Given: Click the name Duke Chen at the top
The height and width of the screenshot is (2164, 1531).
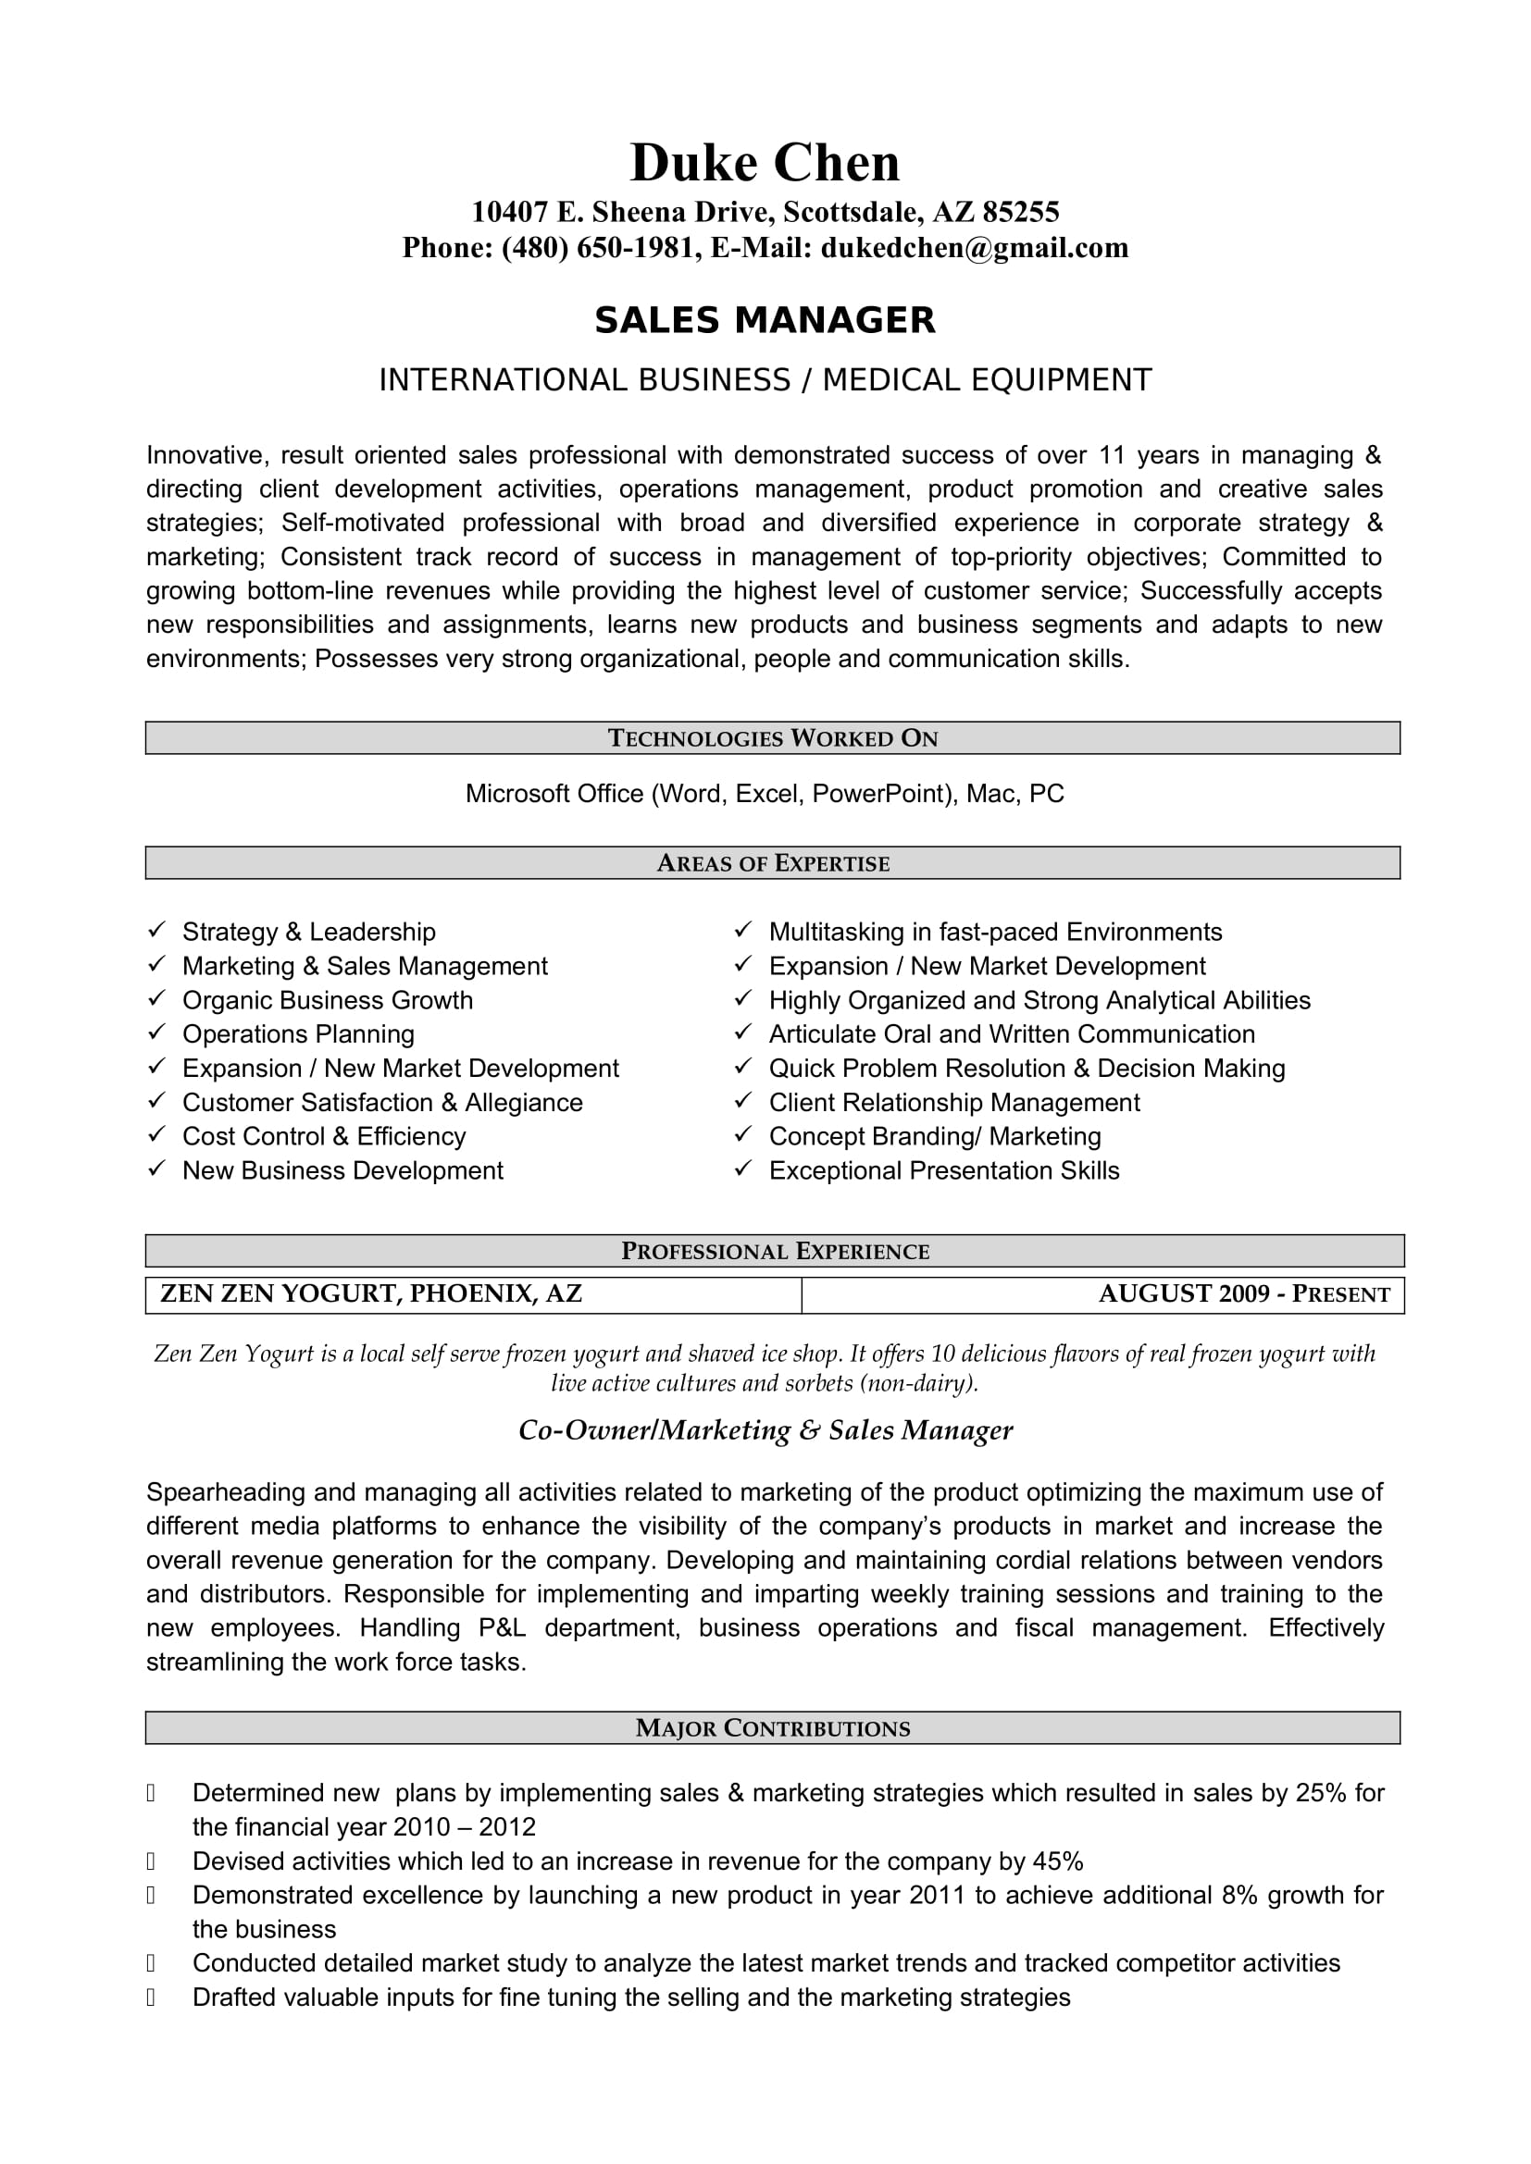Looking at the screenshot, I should (765, 163).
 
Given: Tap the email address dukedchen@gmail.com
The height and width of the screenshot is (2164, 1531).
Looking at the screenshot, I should (974, 248).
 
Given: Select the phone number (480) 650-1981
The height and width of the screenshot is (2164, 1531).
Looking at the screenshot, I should (598, 248).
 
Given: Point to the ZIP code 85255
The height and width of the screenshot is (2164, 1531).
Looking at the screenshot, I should (1021, 212).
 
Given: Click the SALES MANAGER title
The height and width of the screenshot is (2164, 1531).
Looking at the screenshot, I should (765, 320).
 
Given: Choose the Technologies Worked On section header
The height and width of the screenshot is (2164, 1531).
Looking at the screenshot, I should (772, 738).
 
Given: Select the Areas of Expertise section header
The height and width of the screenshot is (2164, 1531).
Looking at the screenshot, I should (772, 863).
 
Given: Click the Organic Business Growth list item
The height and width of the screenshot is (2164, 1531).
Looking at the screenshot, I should (327, 1000).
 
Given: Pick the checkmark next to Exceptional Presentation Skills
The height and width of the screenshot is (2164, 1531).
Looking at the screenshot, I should (743, 1169).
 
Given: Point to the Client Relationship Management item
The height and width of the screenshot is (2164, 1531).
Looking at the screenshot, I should (954, 1102).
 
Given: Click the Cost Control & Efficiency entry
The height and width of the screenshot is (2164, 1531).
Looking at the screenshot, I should (323, 1136).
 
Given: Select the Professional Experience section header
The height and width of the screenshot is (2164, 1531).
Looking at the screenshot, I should (775, 1251).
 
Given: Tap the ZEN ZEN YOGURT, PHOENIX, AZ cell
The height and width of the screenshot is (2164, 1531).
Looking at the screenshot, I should (371, 1294).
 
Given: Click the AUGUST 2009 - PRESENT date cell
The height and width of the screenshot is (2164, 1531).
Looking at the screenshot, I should (1243, 1294).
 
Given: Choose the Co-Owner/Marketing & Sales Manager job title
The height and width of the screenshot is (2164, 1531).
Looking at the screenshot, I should (765, 1430).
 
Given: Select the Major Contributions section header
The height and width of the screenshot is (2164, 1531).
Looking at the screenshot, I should (772, 1727).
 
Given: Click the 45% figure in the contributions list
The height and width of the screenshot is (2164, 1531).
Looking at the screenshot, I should (1058, 1861).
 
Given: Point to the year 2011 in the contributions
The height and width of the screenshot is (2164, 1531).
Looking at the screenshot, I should (937, 1896).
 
